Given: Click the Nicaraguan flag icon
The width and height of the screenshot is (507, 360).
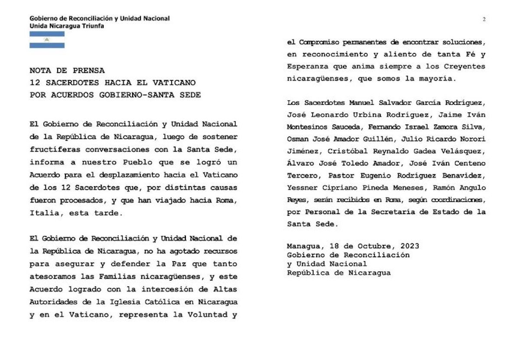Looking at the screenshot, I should click(47, 39).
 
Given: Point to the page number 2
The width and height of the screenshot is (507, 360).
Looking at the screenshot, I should click(484, 19).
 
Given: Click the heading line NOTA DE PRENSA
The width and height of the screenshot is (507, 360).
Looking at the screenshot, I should click(67, 70).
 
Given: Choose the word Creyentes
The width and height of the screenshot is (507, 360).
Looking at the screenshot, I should click(466, 67).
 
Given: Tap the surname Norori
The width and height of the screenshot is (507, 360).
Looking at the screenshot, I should click(471, 139).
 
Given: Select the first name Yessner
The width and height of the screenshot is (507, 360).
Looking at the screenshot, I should click(302, 188).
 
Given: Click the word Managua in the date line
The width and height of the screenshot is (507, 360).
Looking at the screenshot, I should click(302, 246).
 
